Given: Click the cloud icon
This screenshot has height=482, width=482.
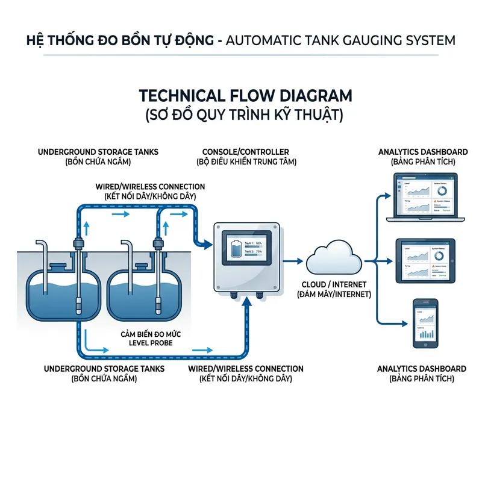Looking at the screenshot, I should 334,260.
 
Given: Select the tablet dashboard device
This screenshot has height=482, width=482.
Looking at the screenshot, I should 425,261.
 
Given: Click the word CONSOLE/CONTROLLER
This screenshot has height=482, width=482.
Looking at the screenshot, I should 246,152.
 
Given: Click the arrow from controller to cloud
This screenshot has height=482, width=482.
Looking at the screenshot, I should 294,261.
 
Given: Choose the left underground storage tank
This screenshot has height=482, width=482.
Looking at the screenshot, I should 58,289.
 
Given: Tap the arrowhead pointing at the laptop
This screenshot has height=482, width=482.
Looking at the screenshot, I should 384,196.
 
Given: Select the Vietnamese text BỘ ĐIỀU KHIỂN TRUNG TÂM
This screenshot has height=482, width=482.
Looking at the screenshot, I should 246,162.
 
